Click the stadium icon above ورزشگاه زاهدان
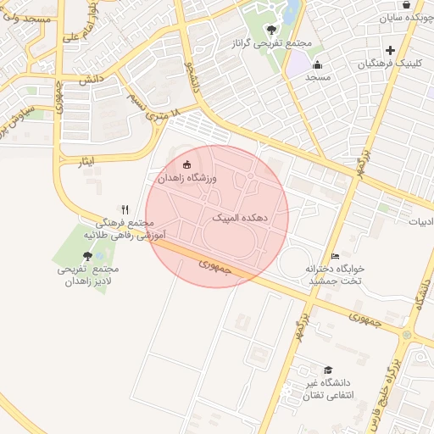pyautogui.click(x=187, y=164)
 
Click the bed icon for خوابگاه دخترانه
pyautogui.click(x=335, y=256)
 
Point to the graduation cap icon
pyautogui.click(x=328, y=370)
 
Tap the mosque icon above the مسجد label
pyautogui.click(x=317, y=64)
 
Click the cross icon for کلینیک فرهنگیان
pyautogui.click(x=390, y=50)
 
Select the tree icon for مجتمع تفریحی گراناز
pyautogui.click(x=271, y=30)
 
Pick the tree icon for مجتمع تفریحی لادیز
pyautogui.click(x=87, y=255)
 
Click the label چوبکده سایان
pyautogui.click(x=406, y=17)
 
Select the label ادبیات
pyautogui.click(x=421, y=222)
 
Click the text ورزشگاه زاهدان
pyautogui.click(x=188, y=179)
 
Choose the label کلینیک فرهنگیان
pyautogui.click(x=389, y=64)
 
